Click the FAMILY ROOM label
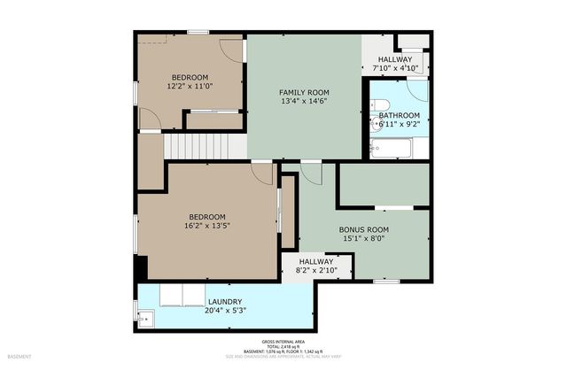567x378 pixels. tap(304, 92)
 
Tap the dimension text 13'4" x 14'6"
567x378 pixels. tap(304, 102)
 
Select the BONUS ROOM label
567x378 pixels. tap(364, 229)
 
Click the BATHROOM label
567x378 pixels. tap(400, 115)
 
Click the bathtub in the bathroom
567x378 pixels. tap(391, 147)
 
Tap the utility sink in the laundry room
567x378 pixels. tap(144, 317)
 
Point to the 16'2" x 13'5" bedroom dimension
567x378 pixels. tap(206, 227)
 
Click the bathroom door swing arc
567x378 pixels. tap(417, 89)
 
